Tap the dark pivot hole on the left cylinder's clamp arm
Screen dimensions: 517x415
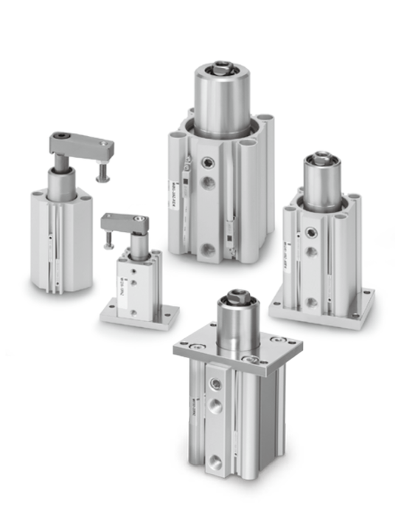65,138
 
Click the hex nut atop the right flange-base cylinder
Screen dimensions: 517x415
321,159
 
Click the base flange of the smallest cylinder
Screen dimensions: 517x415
139,315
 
